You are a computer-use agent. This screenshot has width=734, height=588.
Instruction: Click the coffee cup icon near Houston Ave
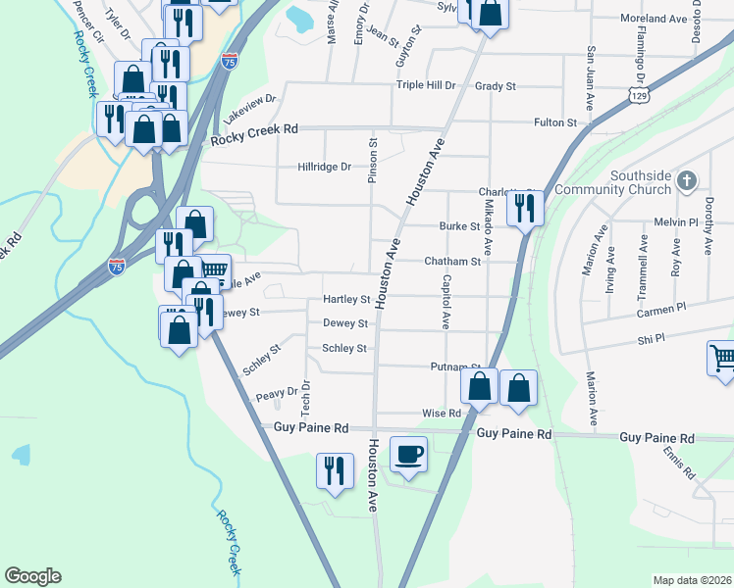(409, 454)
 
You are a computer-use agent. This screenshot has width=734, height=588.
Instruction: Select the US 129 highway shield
(640, 95)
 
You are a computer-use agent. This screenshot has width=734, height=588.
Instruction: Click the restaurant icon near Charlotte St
(525, 207)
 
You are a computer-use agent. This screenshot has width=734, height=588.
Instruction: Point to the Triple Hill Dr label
(426, 86)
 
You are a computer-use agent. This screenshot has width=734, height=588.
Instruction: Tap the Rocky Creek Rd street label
(254, 139)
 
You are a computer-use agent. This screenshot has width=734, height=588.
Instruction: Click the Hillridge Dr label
(324, 168)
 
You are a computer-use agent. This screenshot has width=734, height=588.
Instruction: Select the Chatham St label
(452, 262)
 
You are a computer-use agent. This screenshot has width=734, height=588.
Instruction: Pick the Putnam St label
(454, 367)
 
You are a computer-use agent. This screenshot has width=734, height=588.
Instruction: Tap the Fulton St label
(554, 122)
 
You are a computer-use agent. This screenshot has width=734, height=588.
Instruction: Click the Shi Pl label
(652, 338)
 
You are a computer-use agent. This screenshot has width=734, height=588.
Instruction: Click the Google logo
(32, 576)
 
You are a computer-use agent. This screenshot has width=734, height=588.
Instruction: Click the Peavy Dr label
(276, 395)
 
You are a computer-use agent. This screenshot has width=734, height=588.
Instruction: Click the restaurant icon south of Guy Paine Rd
(335, 470)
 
